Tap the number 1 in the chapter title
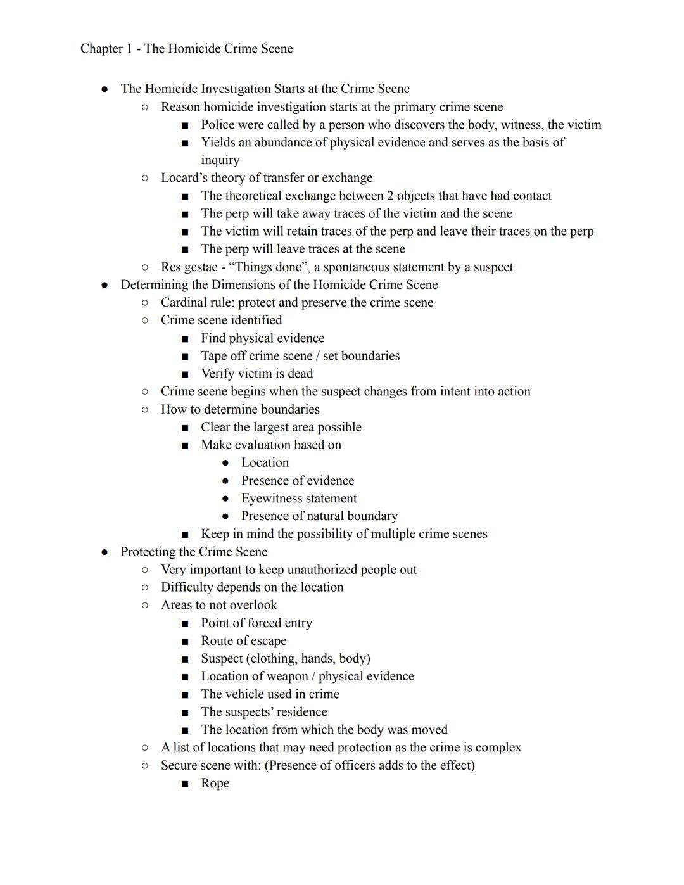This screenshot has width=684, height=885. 127,49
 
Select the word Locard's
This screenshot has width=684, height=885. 184,178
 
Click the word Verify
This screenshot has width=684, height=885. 219,374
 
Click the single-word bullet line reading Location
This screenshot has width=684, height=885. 265,463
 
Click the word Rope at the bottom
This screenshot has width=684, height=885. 215,783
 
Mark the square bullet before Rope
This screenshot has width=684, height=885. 184,784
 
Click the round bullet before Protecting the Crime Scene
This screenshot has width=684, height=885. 104,552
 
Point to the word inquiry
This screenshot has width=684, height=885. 220,160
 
